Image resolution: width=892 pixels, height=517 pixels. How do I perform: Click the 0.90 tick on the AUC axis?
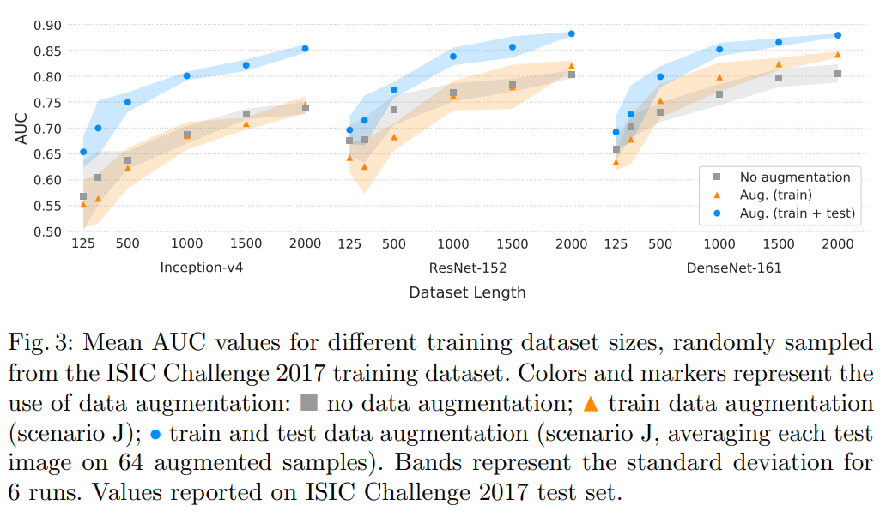point(46,25)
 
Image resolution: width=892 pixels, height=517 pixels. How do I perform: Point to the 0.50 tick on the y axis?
point(46,231)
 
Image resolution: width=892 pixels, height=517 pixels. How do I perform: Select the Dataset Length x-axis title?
point(467,292)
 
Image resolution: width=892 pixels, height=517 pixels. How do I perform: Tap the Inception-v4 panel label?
point(201,268)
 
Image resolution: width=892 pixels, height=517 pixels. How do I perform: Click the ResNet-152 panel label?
point(467,268)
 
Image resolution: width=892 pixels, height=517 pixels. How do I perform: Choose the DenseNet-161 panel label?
point(733,268)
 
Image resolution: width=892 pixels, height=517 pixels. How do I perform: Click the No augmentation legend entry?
point(794,177)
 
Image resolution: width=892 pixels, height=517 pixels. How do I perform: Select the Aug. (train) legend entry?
point(775,195)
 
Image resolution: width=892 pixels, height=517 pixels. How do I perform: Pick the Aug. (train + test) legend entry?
point(797,213)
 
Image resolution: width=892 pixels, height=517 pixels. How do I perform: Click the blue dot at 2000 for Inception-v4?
point(305,48)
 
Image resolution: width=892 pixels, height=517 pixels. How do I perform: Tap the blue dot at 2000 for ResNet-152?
point(571,34)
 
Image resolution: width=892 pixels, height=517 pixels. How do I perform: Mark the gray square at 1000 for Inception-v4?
point(187,135)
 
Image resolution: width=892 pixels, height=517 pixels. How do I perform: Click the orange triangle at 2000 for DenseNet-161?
point(837,55)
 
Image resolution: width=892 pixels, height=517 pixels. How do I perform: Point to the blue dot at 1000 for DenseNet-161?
point(719,49)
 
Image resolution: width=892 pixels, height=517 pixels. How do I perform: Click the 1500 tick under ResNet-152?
point(513,243)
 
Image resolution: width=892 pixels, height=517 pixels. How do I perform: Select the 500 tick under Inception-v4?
point(127,243)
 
